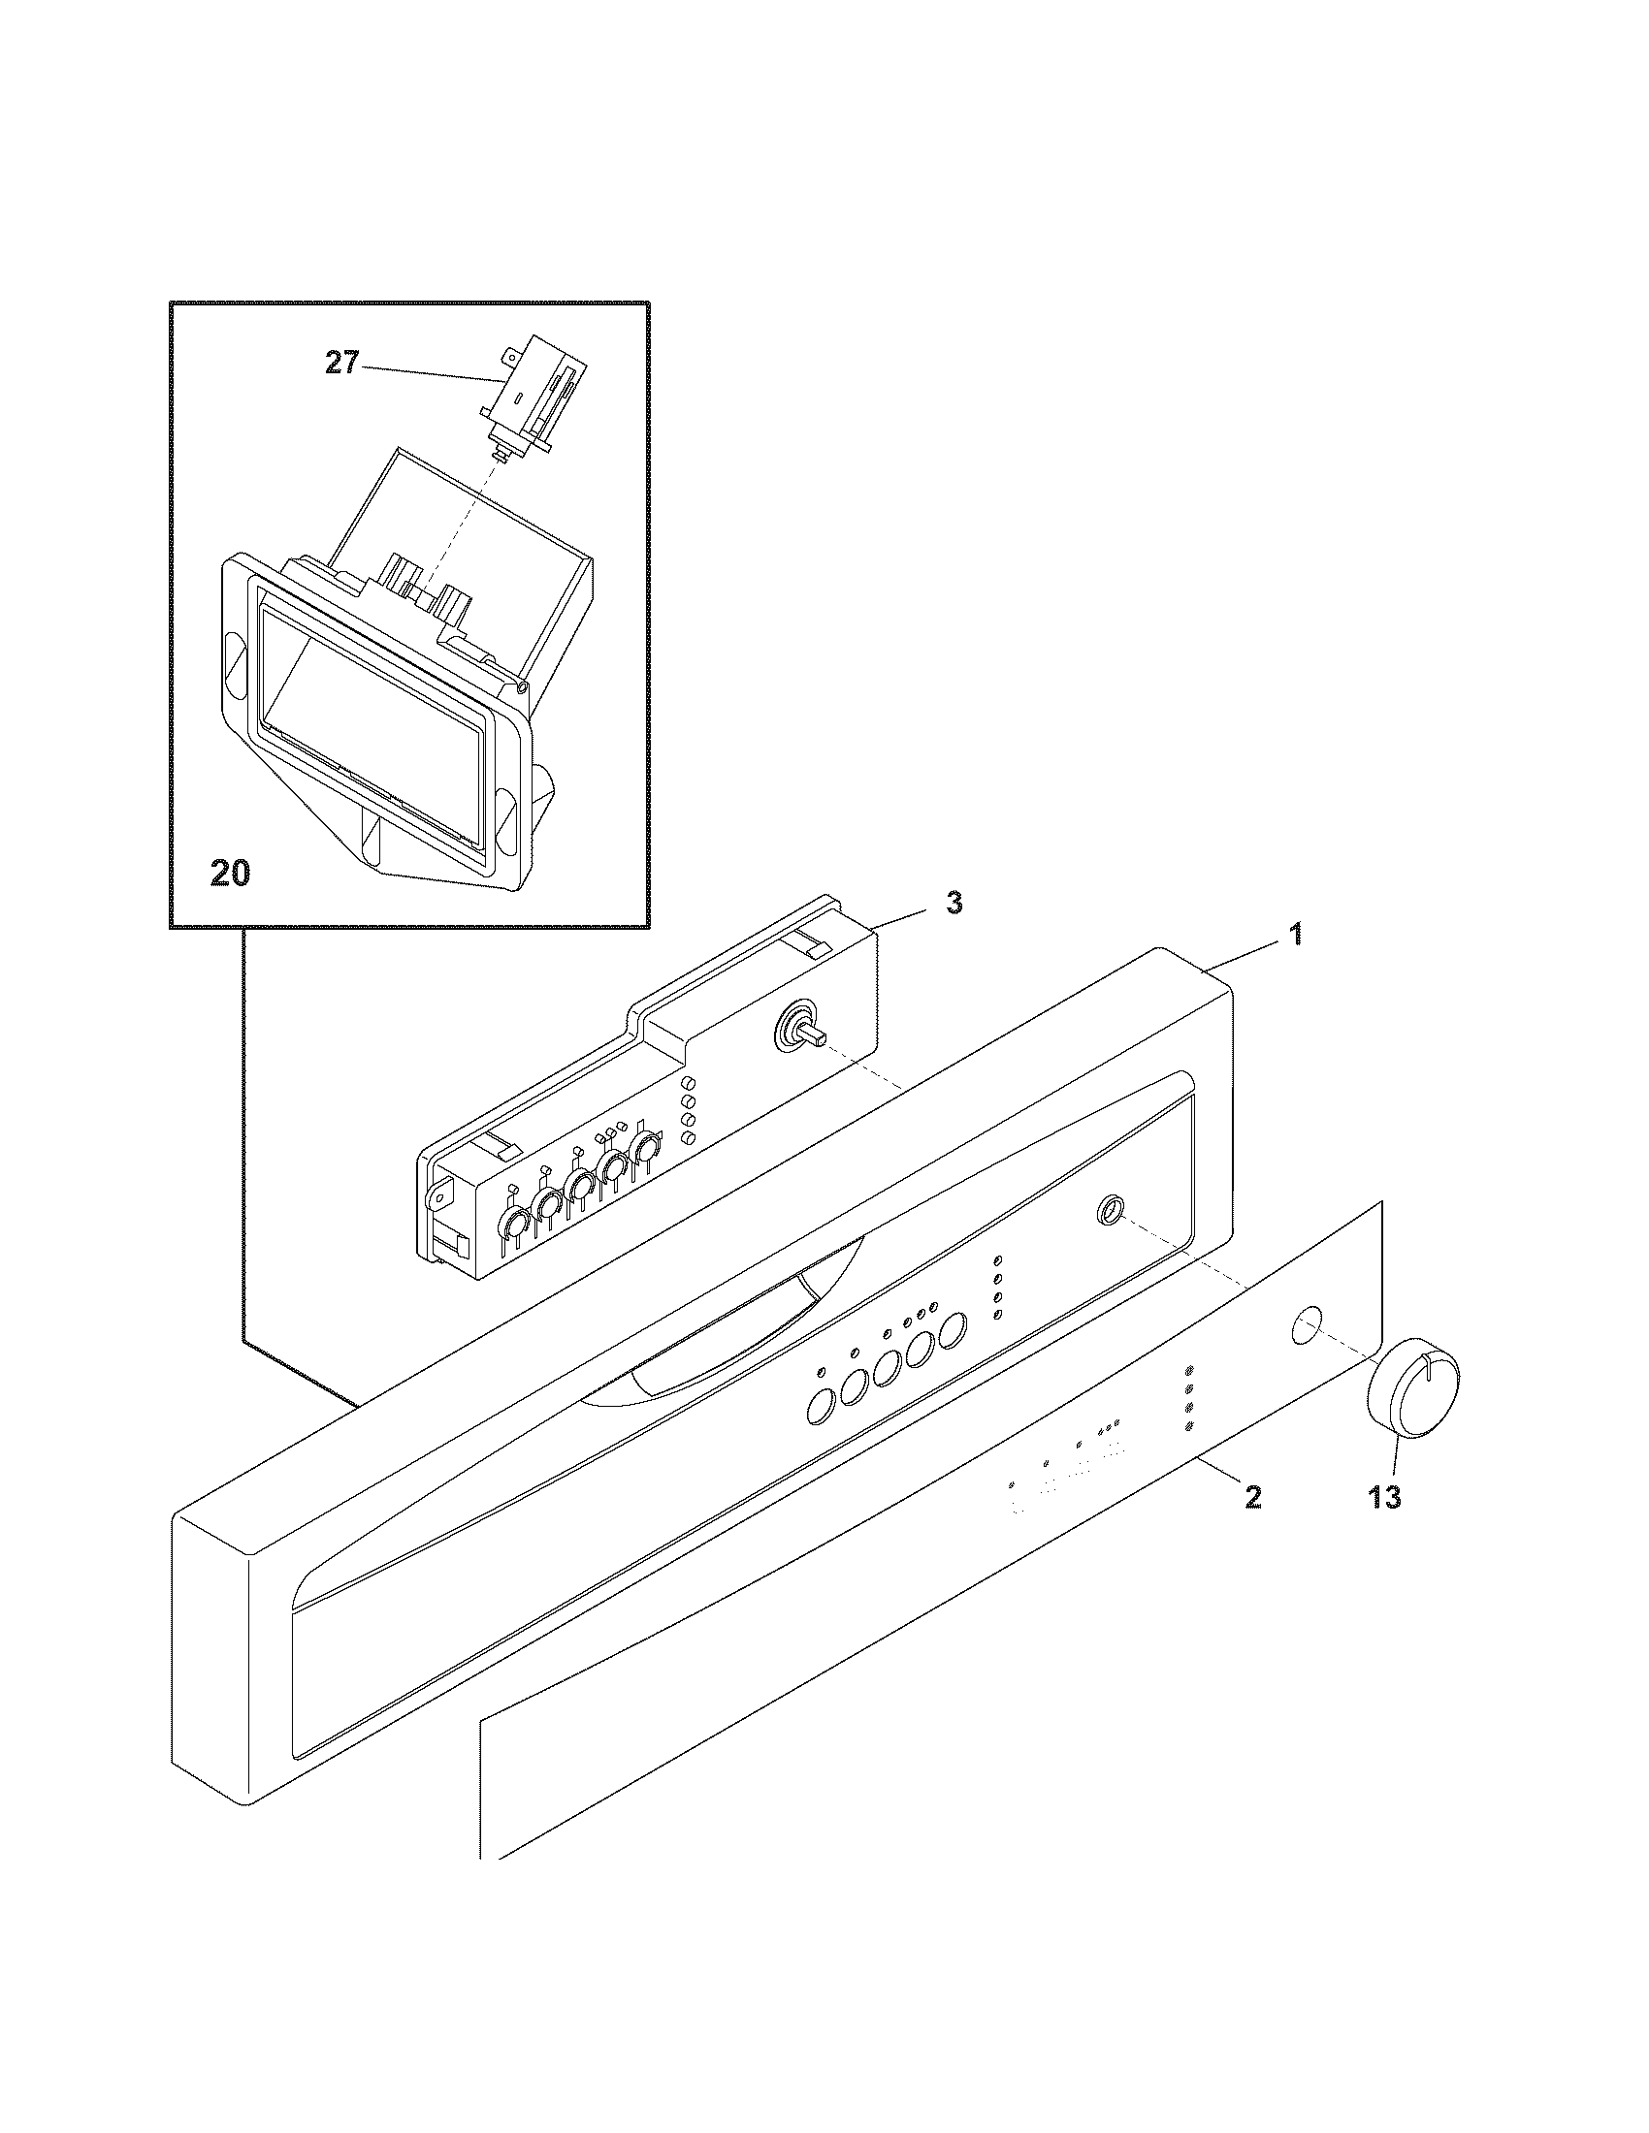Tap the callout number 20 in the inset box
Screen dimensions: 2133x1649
pos(231,874)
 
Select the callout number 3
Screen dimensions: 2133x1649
pos(954,904)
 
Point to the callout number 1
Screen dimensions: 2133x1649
pos(1295,935)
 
